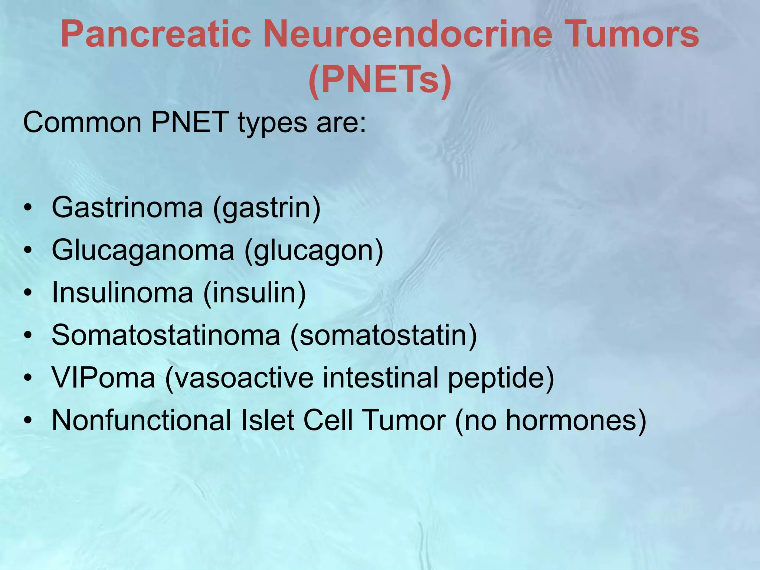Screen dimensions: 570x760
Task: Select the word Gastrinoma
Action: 127,208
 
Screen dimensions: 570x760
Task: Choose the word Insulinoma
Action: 122,293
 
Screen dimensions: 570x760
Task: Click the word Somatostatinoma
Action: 166,335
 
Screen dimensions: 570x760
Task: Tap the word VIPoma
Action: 104,378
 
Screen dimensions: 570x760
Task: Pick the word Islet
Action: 268,420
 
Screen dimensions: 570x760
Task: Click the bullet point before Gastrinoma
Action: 28,208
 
